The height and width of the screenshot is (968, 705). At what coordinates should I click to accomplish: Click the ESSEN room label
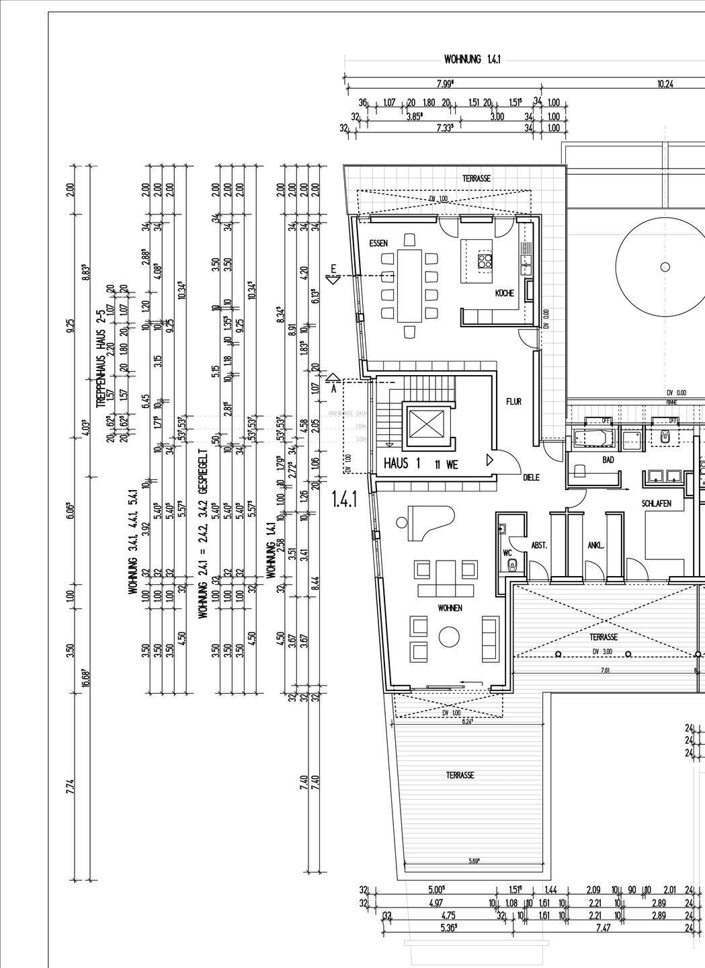point(379,243)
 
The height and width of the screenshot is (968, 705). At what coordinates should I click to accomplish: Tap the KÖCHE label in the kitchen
point(505,294)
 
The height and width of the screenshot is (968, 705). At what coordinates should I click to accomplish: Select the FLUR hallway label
point(514,401)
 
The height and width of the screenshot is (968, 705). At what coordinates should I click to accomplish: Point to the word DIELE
point(532,478)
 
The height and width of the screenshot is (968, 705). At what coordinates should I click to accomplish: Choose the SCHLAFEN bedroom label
point(657,502)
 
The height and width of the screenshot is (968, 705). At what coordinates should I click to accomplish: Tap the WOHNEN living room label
point(450,608)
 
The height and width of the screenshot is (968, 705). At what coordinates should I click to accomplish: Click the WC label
point(507,553)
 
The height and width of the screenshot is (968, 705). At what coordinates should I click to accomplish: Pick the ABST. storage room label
point(540,545)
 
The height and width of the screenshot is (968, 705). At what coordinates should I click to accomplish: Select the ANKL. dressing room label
point(595,545)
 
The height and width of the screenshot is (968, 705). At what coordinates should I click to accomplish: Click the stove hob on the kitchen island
point(485,261)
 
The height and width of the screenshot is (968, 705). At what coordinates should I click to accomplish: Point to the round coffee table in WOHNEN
point(448,635)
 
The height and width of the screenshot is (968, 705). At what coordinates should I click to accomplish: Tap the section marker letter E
point(332,270)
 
